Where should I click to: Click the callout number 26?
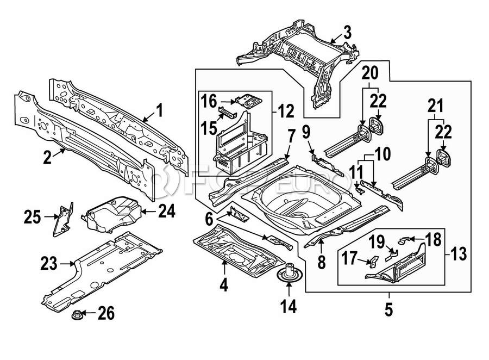[x=107, y=313]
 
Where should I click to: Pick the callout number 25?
[x=33, y=218]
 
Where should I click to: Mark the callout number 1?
[x=159, y=111]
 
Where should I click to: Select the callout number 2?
[x=48, y=158]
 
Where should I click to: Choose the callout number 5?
[x=388, y=311]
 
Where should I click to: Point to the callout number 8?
[x=322, y=263]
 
